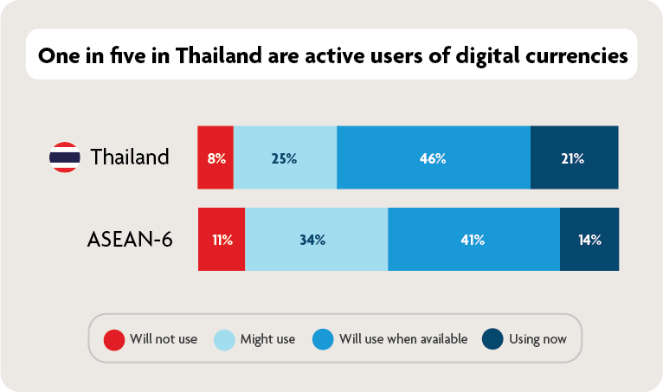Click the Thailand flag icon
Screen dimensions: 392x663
point(64,157)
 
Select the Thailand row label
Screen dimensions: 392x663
point(129,157)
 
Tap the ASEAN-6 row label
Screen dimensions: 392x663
point(130,240)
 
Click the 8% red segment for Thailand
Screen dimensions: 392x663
point(216,157)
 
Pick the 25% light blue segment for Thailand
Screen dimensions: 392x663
point(285,157)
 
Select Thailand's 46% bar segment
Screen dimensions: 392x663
point(433,157)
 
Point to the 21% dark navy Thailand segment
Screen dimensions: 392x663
point(574,157)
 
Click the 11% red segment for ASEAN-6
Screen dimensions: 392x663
point(222,240)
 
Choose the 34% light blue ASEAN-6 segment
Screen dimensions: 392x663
point(316,240)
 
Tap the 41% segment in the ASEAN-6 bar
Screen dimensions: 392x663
point(473,240)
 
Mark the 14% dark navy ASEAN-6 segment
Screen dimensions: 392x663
point(589,240)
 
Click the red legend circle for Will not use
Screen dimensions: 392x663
point(113,338)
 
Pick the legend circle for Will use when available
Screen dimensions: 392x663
point(324,338)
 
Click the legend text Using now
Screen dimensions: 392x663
point(537,338)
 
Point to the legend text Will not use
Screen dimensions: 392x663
point(164,338)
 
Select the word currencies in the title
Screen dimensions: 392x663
point(572,55)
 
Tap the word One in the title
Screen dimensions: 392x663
point(58,55)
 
